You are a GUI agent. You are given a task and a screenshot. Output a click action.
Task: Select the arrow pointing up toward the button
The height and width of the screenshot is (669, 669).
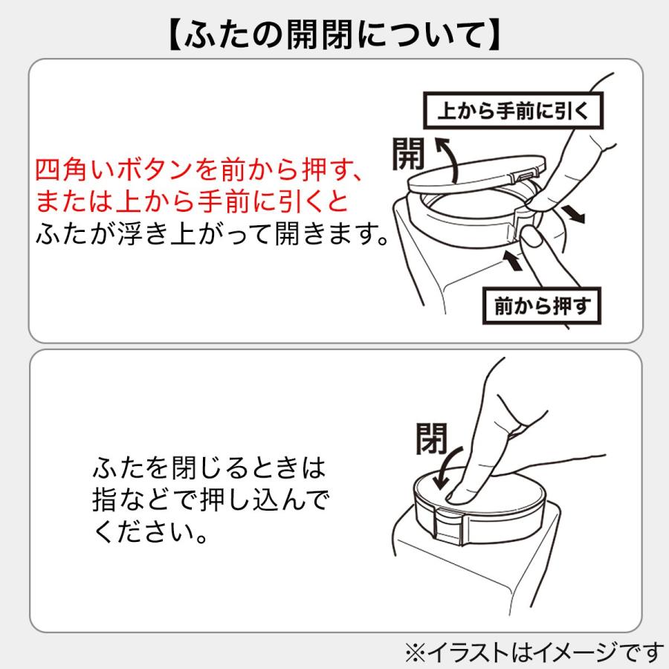tap(512, 259)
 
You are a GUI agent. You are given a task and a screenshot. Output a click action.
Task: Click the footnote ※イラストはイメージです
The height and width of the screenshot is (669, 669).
tap(534, 652)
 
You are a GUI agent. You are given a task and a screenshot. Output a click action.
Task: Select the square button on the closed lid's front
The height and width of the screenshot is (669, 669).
tap(447, 526)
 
